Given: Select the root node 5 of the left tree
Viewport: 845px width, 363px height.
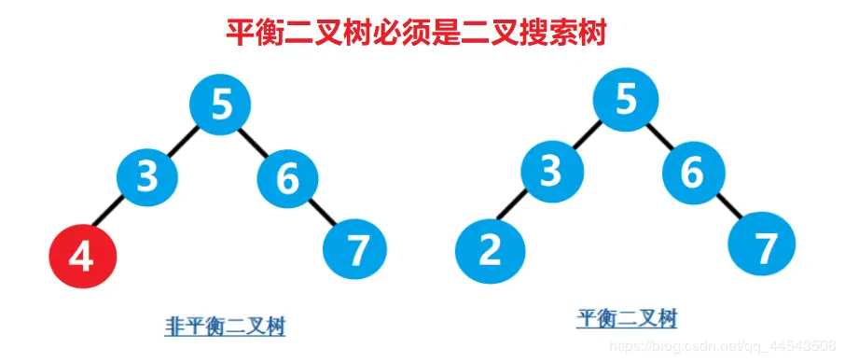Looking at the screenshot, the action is pos(221,104).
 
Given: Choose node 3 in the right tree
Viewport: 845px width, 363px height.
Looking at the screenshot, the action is pos(552,171).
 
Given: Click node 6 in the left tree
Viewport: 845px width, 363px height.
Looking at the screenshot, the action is pos(287,177).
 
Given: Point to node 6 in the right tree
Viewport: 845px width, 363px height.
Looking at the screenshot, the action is pos(693,173).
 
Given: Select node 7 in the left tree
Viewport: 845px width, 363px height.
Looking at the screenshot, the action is pos(354,248).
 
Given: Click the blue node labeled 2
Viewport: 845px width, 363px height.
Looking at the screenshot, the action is pos(490,250).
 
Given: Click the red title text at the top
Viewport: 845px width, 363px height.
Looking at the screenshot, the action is pos(417,34).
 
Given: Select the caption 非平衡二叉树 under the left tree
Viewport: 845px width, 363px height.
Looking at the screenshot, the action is pos(225,327).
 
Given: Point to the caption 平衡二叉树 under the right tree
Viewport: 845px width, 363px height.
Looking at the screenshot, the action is pos(627,320).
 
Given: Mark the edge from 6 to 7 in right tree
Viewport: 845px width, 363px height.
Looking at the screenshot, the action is pos(729,210).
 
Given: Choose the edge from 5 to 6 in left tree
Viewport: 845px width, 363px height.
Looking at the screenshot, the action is pos(255,141).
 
